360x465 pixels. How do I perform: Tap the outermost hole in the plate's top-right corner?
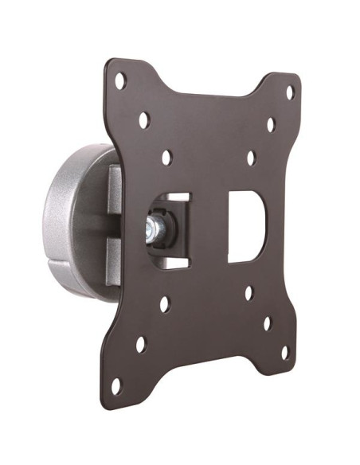point(290,92)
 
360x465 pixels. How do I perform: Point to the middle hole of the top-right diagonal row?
point(270,125)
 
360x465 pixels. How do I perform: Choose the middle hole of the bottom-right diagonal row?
point(268,322)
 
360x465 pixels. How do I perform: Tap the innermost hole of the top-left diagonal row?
point(166,158)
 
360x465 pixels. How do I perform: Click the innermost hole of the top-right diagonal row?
point(249,158)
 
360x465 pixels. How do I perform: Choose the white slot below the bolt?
point(173,264)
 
